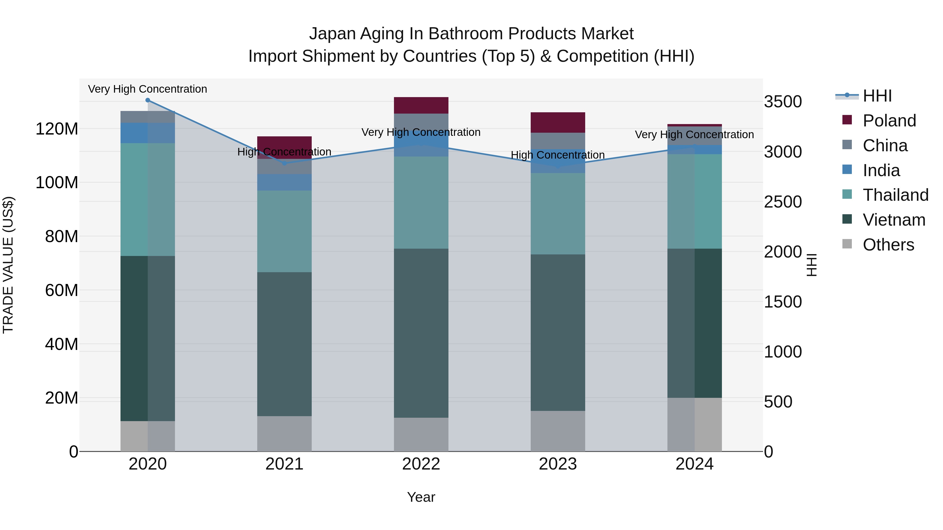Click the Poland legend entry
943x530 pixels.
coord(889,121)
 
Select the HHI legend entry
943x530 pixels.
coord(877,96)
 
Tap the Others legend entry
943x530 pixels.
coord(888,245)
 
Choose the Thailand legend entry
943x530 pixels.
coord(895,195)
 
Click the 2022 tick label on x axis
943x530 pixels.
coord(421,464)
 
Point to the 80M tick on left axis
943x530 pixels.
coord(61,236)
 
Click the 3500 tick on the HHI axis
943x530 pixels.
coord(783,102)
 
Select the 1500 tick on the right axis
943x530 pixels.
coord(783,302)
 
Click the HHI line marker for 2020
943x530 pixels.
coord(147,100)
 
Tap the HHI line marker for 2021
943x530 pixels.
coord(284,163)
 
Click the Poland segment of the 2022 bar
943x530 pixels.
coord(421,105)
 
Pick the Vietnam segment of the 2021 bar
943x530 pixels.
coord(284,344)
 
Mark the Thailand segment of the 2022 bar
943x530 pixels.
coord(421,203)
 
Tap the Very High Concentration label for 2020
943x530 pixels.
coord(147,89)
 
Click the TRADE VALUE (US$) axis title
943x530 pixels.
coord(8,265)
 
